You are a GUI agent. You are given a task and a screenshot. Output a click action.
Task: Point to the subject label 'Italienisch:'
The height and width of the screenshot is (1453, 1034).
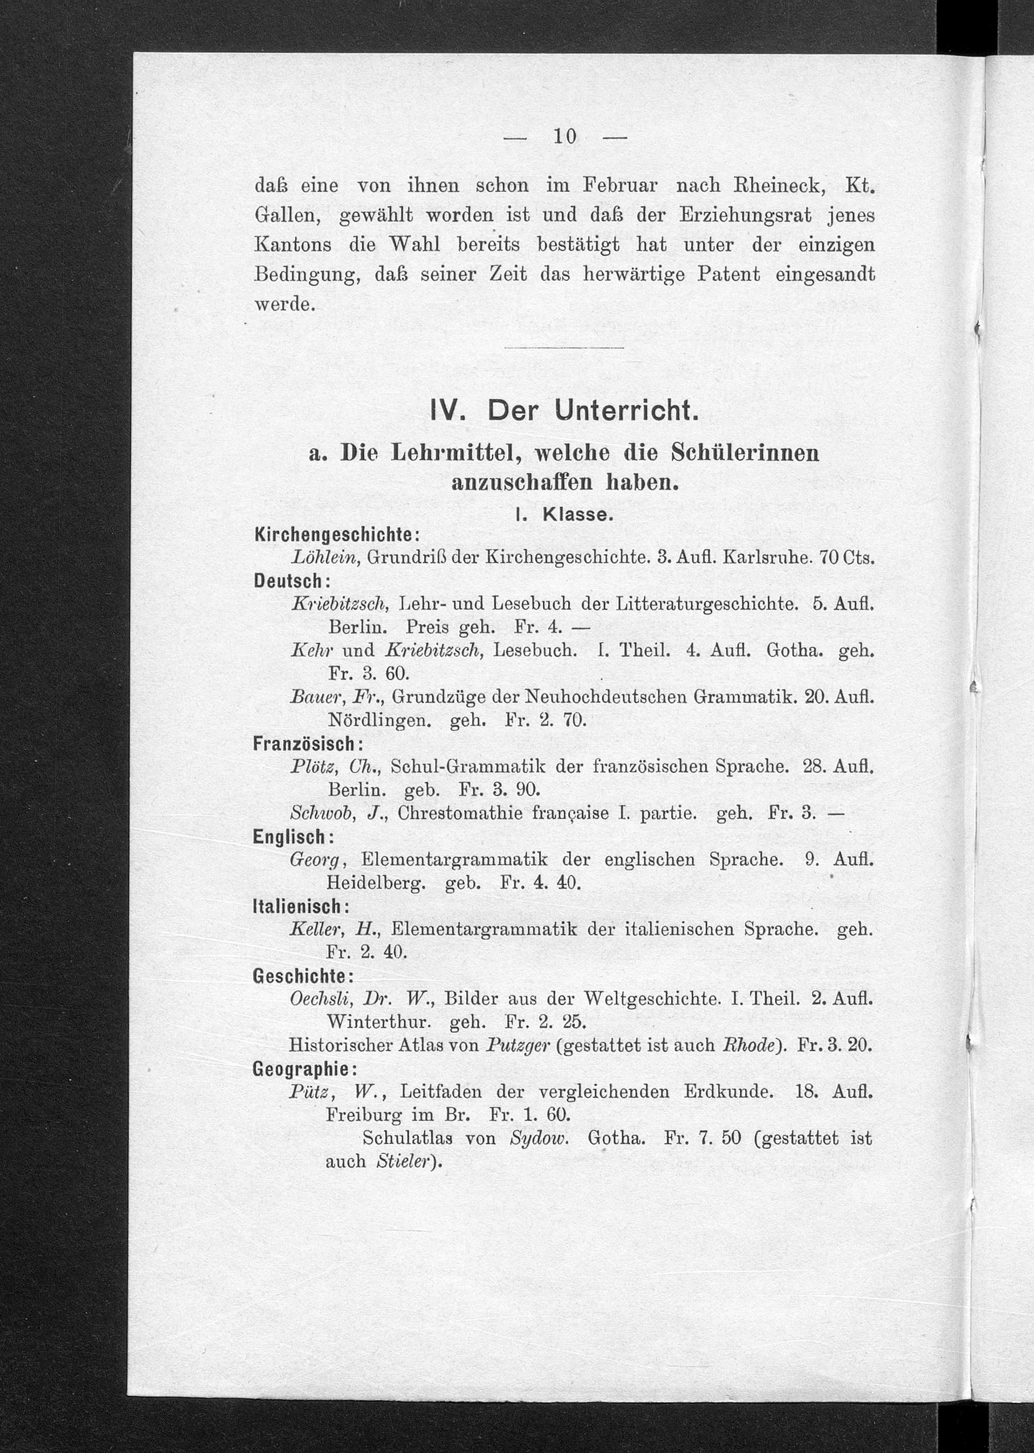pyautogui.click(x=300, y=906)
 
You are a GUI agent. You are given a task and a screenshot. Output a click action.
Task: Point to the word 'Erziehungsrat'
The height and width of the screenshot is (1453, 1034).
pyautogui.click(x=744, y=215)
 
